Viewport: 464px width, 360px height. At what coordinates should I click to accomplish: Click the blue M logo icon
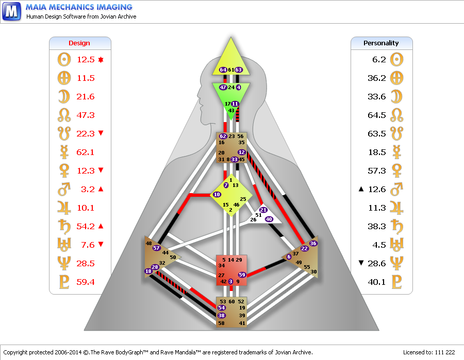click(x=12, y=11)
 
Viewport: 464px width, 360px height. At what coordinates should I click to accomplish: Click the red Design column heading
click(x=79, y=43)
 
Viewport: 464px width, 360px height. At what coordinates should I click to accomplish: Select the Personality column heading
click(x=381, y=43)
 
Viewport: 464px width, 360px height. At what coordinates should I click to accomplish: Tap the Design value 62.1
click(x=85, y=152)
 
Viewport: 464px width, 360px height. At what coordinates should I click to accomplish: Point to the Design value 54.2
click(x=86, y=227)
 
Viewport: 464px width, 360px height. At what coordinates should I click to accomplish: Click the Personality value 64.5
click(x=377, y=115)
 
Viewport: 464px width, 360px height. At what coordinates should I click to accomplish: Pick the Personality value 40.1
click(x=377, y=282)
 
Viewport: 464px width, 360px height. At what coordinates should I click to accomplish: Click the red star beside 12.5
click(x=101, y=60)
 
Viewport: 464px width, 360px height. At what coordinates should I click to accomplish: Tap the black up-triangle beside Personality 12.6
click(x=361, y=189)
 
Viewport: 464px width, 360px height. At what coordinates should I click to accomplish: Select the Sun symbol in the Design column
click(x=64, y=59)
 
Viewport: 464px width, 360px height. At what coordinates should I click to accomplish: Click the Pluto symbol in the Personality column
click(x=397, y=282)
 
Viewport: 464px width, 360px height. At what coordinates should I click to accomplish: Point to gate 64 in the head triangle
click(x=223, y=70)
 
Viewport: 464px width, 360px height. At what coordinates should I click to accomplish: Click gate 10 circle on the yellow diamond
click(x=217, y=195)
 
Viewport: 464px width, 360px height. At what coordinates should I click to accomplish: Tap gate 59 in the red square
click(x=242, y=275)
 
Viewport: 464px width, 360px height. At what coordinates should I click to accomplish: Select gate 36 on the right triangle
click(x=313, y=243)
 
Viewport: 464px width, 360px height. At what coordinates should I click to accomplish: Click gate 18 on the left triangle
click(x=148, y=271)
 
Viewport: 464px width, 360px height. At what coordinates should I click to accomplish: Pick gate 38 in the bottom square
click(x=221, y=315)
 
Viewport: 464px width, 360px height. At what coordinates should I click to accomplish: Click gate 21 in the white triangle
click(x=263, y=210)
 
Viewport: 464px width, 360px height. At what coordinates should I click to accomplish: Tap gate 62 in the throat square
click(x=223, y=136)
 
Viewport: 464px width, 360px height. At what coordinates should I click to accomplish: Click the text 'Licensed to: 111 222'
click(x=429, y=352)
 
